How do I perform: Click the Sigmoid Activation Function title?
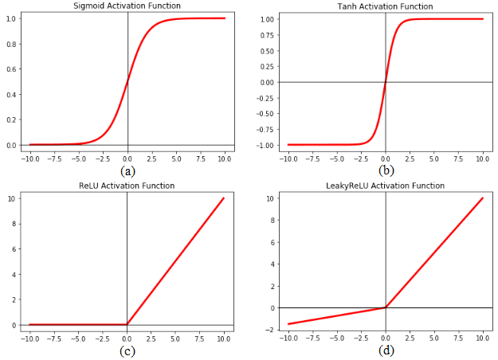(x=127, y=6)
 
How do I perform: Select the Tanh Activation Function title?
(x=386, y=6)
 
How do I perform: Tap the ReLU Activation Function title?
(x=127, y=186)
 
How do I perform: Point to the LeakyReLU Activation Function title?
(x=386, y=186)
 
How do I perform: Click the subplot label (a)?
(x=127, y=170)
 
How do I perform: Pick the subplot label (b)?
(x=386, y=170)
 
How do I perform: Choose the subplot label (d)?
(x=386, y=350)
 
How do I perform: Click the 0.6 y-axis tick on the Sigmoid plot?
(x=10, y=69)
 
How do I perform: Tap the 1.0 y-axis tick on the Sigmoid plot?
(x=10, y=18)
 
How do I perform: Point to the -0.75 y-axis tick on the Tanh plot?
(x=263, y=129)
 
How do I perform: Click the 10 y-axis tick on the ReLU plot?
(x=11, y=198)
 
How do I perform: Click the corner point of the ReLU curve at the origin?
(x=127, y=324)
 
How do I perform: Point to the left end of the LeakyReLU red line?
(x=288, y=323)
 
